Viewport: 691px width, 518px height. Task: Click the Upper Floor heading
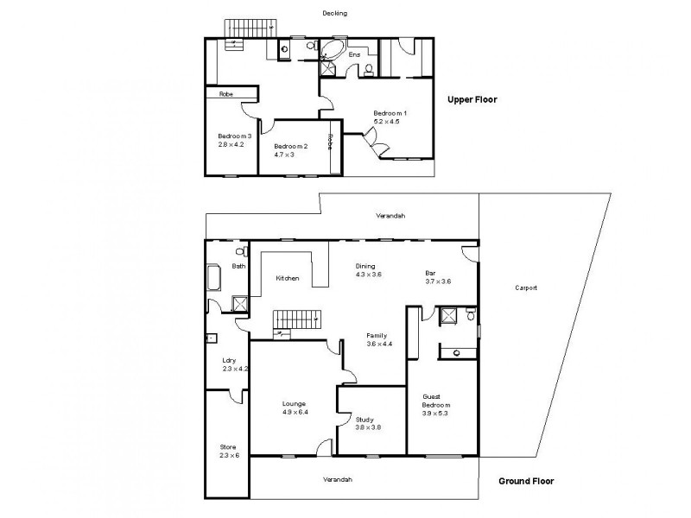pyautogui.click(x=472, y=99)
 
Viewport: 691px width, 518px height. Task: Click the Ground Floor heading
pyautogui.click(x=525, y=482)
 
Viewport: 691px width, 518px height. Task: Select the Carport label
pyautogui.click(x=526, y=287)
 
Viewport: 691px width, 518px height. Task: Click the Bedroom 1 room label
pyautogui.click(x=390, y=113)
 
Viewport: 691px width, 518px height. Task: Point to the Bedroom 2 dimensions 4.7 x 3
pyautogui.click(x=284, y=155)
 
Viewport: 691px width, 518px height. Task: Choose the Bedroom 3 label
pyautogui.click(x=234, y=136)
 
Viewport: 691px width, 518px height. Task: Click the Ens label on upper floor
pyautogui.click(x=354, y=55)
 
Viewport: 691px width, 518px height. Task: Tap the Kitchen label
pyautogui.click(x=288, y=278)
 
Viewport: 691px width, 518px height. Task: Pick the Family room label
pyautogui.click(x=376, y=335)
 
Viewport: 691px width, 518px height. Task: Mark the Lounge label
pyautogui.click(x=294, y=403)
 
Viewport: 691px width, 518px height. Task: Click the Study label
pyautogui.click(x=365, y=420)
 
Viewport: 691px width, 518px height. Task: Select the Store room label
pyautogui.click(x=227, y=447)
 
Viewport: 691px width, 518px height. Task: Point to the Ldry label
pyautogui.click(x=229, y=360)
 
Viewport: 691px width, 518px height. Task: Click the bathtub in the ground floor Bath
pyautogui.click(x=215, y=279)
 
